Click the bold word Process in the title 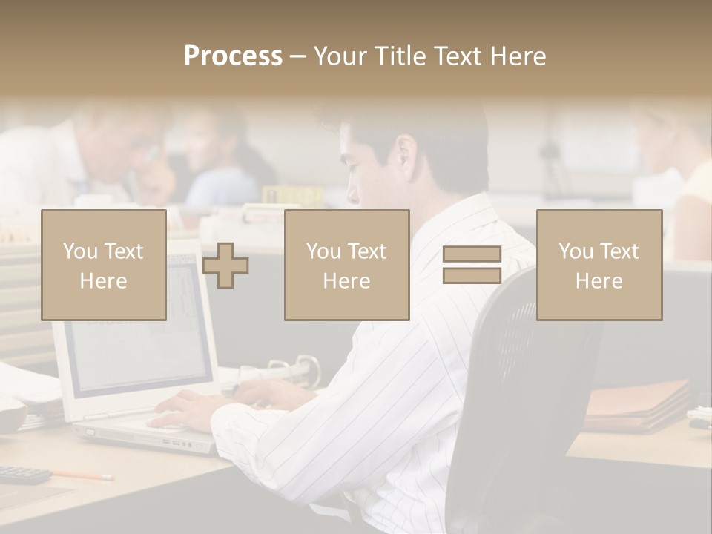pyautogui.click(x=233, y=56)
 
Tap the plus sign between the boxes pyautogui.click(x=225, y=266)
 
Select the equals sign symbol pyautogui.click(x=472, y=265)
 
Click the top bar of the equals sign pyautogui.click(x=472, y=254)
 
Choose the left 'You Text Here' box pyautogui.click(x=103, y=265)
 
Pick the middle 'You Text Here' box pyautogui.click(x=346, y=265)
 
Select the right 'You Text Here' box pyautogui.click(x=599, y=265)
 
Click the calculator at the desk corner pyautogui.click(x=22, y=474)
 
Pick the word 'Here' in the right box pyautogui.click(x=599, y=280)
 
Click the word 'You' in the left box pyautogui.click(x=79, y=251)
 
